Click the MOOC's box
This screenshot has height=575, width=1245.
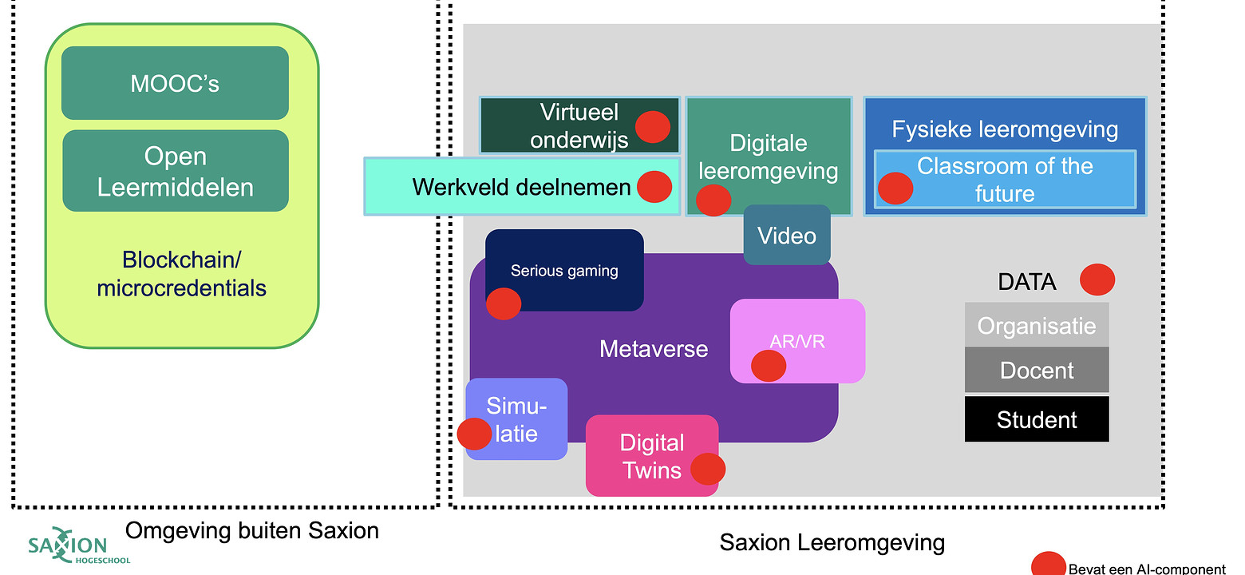(x=175, y=83)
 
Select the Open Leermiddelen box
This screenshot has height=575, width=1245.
(x=175, y=171)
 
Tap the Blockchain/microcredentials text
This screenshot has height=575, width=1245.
(x=181, y=273)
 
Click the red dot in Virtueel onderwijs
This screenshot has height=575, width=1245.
(x=652, y=126)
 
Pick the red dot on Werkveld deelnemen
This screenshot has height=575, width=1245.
(x=654, y=187)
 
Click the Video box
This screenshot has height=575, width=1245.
(x=787, y=236)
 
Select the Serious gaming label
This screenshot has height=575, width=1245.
(x=564, y=271)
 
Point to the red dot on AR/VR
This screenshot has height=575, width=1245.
(x=769, y=365)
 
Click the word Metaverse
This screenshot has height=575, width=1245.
(x=654, y=349)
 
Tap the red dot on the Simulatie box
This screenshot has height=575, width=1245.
(x=474, y=434)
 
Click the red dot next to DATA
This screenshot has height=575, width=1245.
(x=1097, y=280)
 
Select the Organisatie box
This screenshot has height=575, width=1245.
(x=1037, y=326)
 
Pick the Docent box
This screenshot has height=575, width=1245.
(x=1037, y=371)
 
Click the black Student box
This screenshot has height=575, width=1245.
(x=1037, y=420)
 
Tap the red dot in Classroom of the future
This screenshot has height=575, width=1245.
(x=895, y=188)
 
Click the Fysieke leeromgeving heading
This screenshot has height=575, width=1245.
(x=1005, y=129)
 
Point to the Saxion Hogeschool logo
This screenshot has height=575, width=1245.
(x=67, y=548)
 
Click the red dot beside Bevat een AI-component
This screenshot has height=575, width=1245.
(x=1048, y=565)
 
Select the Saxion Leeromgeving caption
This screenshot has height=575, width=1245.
(x=832, y=543)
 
